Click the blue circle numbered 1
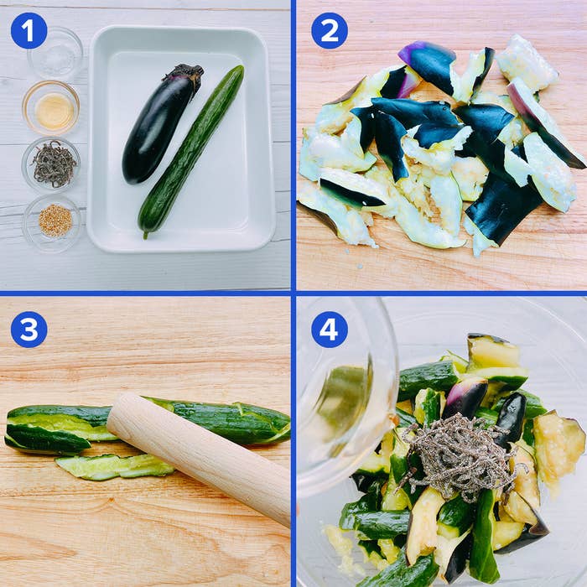(x=29, y=31)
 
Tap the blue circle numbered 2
(x=330, y=31)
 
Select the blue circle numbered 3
(x=29, y=330)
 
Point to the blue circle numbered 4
(x=330, y=330)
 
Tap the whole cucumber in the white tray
(x=191, y=152)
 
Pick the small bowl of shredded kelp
(x=51, y=164)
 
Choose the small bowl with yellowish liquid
(x=51, y=108)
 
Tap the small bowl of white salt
(x=55, y=53)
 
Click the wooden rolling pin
(x=199, y=455)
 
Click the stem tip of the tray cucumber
(x=145, y=236)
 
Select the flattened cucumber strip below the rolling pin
(x=114, y=466)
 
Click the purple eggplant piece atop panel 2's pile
(x=428, y=64)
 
